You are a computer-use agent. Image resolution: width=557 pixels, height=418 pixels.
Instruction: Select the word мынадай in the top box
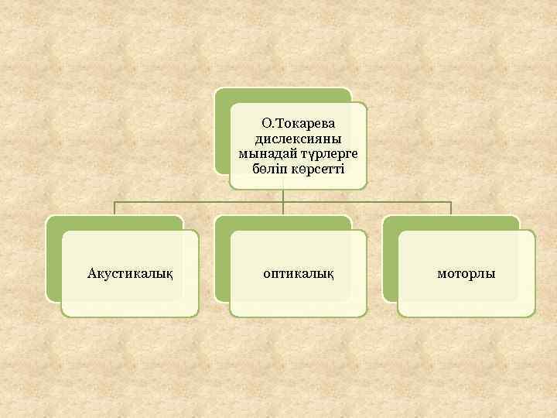272,152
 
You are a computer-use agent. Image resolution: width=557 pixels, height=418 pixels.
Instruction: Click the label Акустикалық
130,273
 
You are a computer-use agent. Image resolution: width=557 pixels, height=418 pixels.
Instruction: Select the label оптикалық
298,273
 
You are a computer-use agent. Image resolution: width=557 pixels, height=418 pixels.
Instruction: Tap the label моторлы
466,273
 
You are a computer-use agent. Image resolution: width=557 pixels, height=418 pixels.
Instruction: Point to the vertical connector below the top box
283,196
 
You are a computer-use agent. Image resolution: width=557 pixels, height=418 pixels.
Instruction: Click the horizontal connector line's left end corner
114,203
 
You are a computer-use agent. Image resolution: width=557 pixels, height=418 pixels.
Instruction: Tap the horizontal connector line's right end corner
451,203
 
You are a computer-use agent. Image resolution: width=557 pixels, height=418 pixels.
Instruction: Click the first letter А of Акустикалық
92,273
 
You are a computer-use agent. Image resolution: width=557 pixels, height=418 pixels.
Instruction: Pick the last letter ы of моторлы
491,274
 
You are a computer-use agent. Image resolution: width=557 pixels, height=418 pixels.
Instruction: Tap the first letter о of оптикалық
266,274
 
